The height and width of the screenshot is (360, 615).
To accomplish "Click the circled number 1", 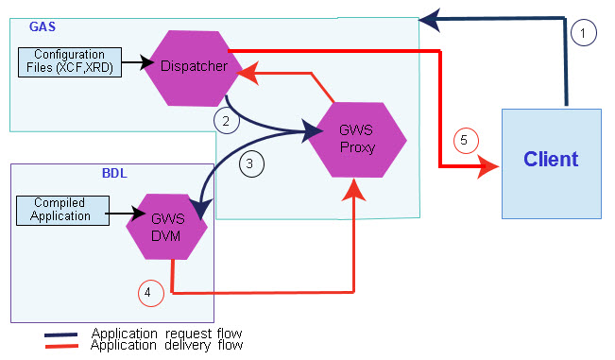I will pyautogui.click(x=584, y=34).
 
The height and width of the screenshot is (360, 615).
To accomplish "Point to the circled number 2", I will pyautogui.click(x=226, y=121).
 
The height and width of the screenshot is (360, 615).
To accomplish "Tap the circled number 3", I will pyautogui.click(x=250, y=163).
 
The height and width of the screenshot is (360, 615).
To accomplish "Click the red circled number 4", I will pyautogui.click(x=149, y=293).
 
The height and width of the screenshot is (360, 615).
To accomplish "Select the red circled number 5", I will pyautogui.click(x=463, y=141).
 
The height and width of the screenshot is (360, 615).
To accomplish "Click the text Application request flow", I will pyautogui.click(x=166, y=334).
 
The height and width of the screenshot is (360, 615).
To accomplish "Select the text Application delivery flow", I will pyautogui.click(x=166, y=346).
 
